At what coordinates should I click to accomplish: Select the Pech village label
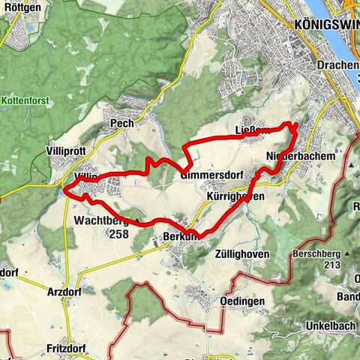point(121,123)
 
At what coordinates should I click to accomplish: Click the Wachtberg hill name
point(102,221)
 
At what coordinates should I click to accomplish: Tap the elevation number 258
point(118,234)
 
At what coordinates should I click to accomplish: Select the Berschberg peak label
point(320,253)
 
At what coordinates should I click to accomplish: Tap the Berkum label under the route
point(178,236)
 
